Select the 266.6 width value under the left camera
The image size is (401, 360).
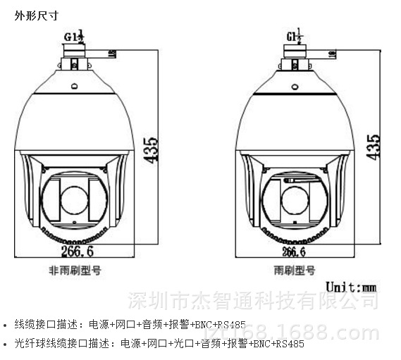pos(76,250)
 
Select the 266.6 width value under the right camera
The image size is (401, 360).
pos(293,250)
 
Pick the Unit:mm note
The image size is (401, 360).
pos(350,287)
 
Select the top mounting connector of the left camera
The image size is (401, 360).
pos(73,56)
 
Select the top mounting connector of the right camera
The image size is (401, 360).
pos(295,56)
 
